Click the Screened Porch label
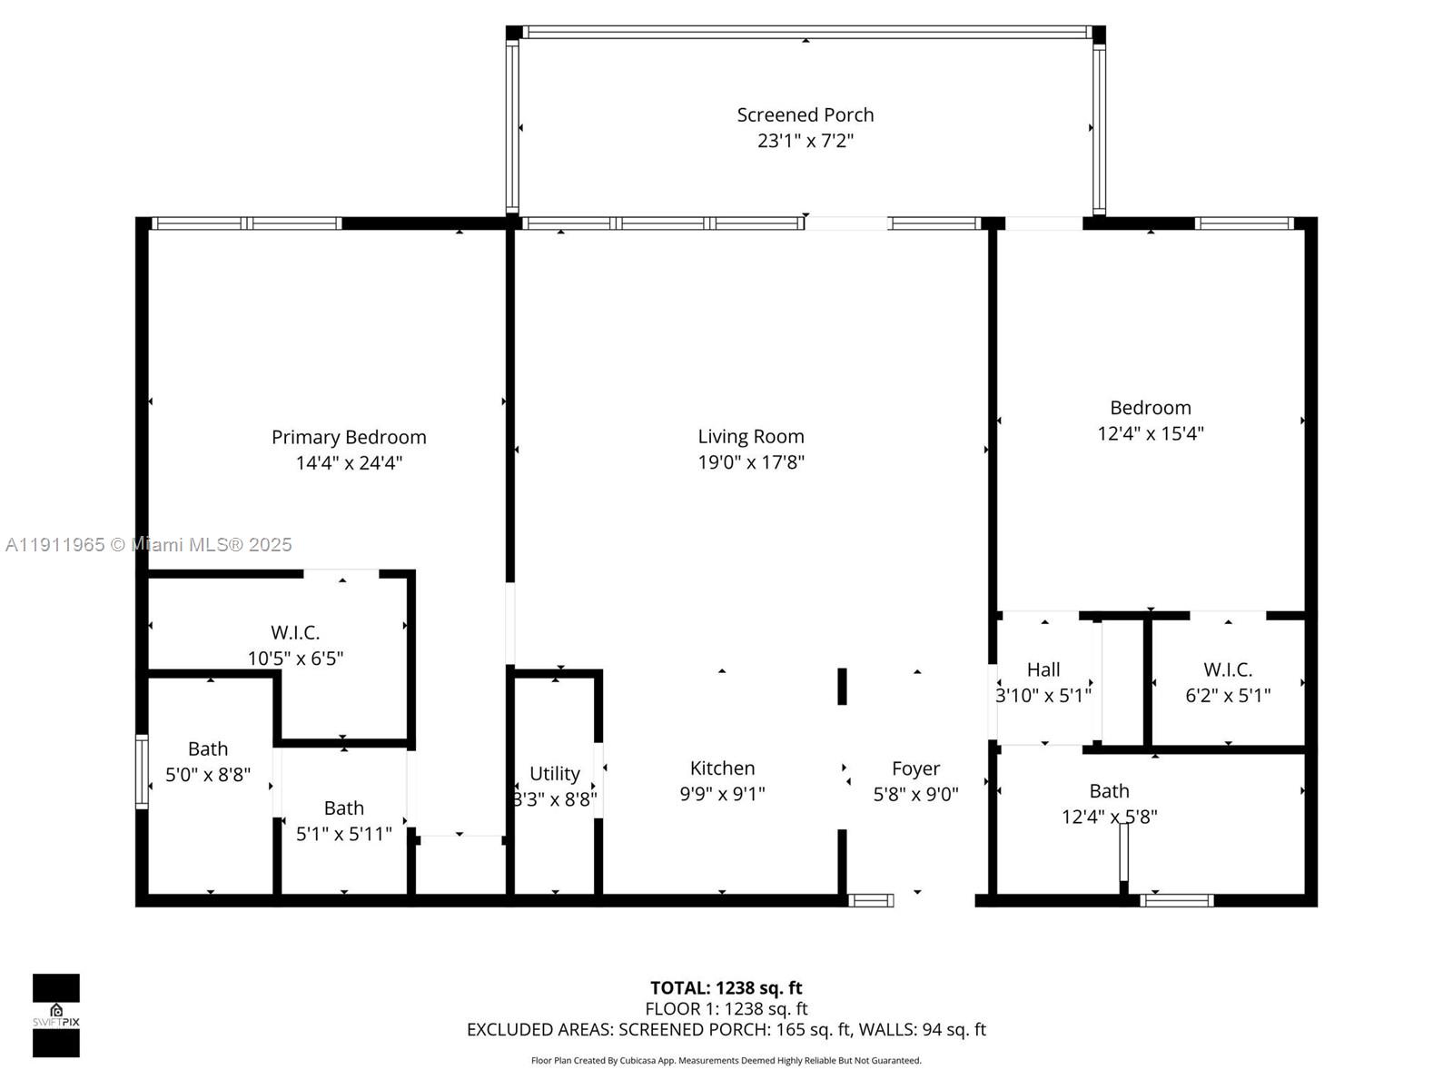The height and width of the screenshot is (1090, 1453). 805,115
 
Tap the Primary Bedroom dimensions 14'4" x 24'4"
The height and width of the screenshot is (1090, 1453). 349,462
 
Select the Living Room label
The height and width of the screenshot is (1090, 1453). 751,437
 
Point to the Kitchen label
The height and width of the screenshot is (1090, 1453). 722,768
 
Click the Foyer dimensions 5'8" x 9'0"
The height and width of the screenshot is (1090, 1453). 915,794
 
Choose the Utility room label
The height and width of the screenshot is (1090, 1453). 555,774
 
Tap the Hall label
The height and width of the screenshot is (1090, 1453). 1043,669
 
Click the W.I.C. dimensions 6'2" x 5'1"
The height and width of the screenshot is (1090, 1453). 1228,696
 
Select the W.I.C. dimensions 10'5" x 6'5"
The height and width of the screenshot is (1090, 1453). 295,659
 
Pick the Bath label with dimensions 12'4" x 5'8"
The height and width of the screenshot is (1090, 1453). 1110,791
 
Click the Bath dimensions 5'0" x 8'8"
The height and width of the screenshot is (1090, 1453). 208,774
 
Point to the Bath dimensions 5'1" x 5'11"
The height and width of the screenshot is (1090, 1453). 343,834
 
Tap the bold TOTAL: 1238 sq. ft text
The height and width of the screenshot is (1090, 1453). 726,988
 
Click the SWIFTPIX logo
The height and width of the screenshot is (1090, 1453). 56,1016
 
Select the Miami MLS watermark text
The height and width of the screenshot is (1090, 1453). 148,545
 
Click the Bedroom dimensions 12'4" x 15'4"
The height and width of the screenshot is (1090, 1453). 1151,433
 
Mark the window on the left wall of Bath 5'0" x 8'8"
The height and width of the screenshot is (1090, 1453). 142,772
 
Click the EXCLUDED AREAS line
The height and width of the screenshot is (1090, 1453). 726,1030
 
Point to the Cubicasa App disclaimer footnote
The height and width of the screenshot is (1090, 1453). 726,1060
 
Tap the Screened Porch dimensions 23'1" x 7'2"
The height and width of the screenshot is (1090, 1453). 805,141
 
